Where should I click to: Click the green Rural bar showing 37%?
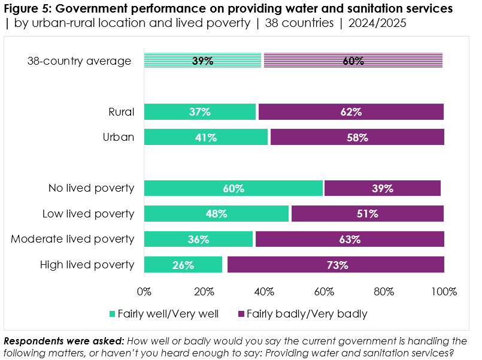199,112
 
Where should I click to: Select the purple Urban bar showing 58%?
357,137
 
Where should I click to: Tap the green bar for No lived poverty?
234,188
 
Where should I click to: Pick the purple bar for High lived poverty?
335,265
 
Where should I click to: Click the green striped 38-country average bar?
203,60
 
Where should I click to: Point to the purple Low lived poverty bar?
367,214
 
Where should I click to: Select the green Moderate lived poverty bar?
198,239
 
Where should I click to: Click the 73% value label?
337,265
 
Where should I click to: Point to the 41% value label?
206,137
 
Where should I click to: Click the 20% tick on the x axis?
204,292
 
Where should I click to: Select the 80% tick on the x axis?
384,292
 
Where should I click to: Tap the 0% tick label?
144,292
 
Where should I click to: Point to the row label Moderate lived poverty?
72,239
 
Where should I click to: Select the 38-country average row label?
79,60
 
